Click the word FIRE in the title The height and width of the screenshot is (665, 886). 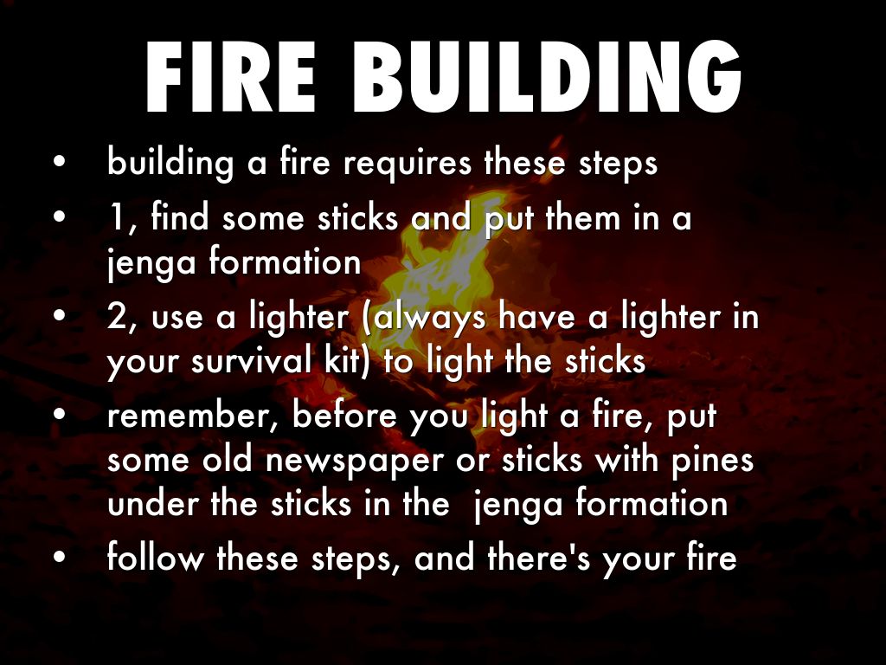(x=230, y=76)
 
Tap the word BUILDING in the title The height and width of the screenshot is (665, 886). (x=547, y=76)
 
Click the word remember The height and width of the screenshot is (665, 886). (x=189, y=416)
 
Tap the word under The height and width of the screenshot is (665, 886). (x=152, y=503)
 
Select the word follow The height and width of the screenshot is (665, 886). (x=156, y=557)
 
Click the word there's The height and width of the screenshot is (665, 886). (x=538, y=557)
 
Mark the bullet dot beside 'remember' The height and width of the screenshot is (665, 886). (x=60, y=414)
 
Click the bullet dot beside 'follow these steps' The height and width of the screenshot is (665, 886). (x=60, y=556)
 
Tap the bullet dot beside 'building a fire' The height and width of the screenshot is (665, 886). (x=60, y=162)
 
